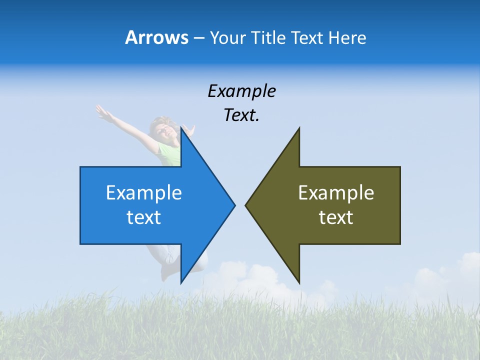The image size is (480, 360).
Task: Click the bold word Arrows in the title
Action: pyautogui.click(x=156, y=37)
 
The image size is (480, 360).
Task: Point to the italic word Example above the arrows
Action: pyautogui.click(x=241, y=91)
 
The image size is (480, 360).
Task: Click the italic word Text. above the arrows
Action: pyautogui.click(x=241, y=115)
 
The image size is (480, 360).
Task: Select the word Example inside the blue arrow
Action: pyautogui.click(x=144, y=192)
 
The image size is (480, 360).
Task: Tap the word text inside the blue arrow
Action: pyautogui.click(x=144, y=217)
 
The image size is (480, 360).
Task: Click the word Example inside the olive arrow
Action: pyautogui.click(x=336, y=192)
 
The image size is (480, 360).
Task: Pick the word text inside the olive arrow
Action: pyautogui.click(x=336, y=217)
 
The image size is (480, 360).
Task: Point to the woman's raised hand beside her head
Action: pyautogui.click(x=188, y=130)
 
